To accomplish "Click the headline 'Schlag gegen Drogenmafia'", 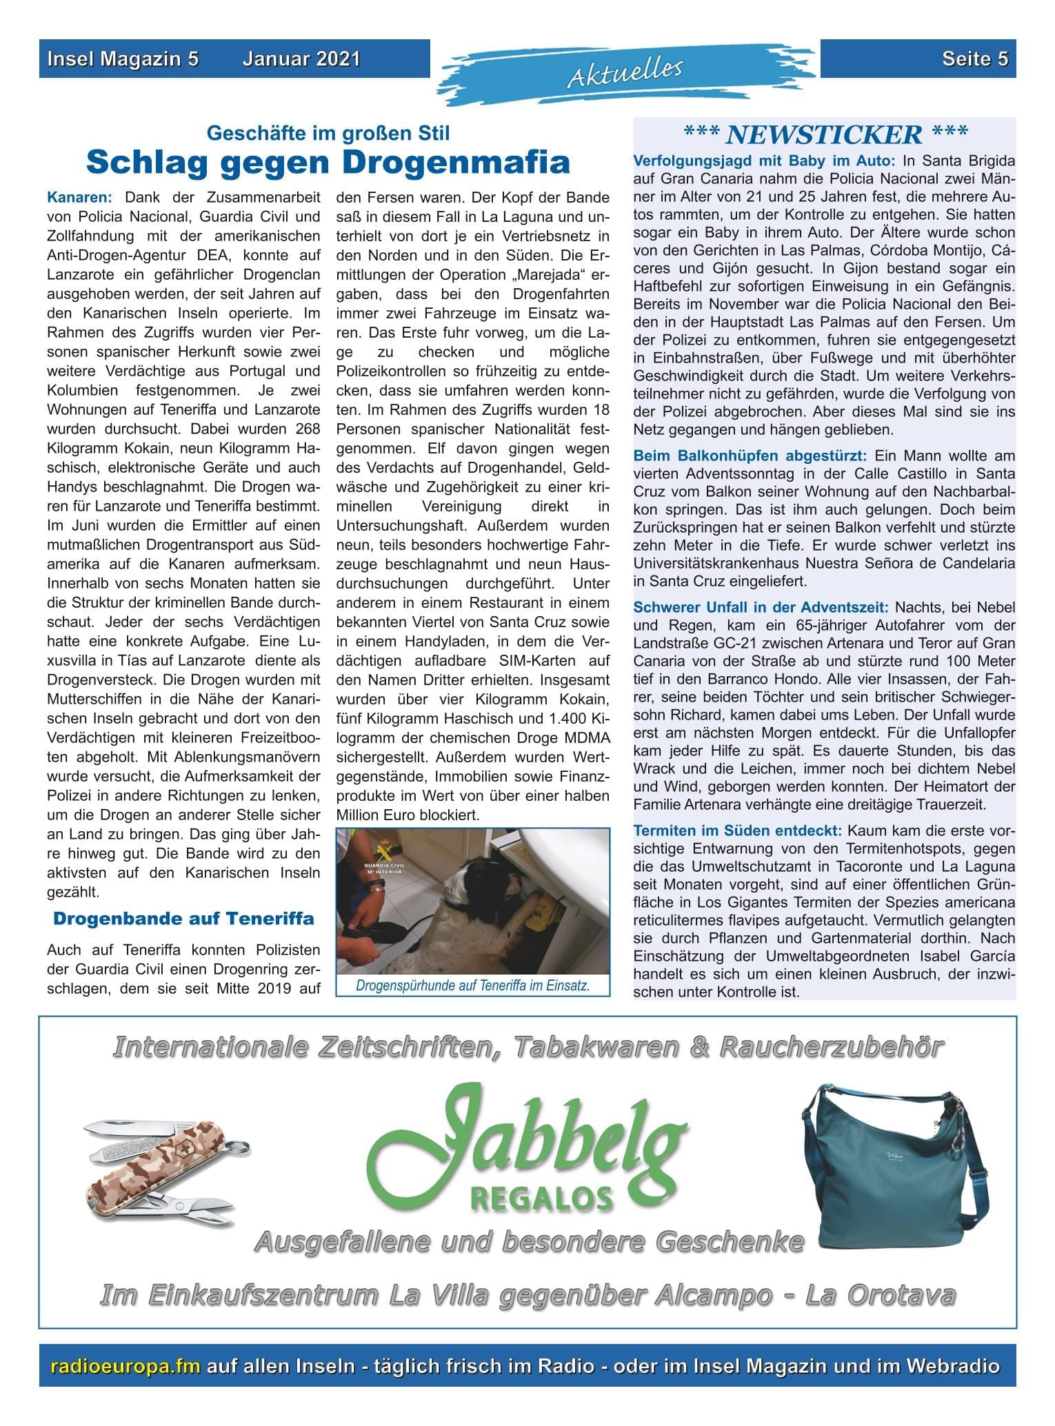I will pos(328,163).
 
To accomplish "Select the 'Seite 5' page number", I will pos(975,59).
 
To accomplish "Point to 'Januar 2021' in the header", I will pos(301,59).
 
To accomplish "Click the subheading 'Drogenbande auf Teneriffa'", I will pos(183,919).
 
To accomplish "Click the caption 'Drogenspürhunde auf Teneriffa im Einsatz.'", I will pos(473,986).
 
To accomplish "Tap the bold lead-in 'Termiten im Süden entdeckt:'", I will pos(737,830).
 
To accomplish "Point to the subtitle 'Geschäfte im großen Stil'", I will pos(328,132).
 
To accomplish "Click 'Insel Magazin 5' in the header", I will pos(123,59).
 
